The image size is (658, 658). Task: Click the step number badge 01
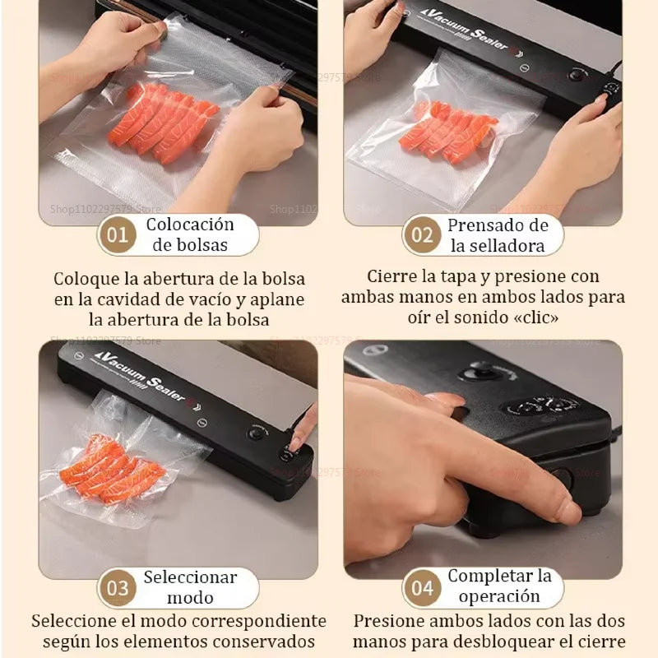(118, 235)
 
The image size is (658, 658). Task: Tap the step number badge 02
(422, 235)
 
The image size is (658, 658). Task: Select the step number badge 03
(118, 588)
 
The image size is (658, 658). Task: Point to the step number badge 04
(422, 588)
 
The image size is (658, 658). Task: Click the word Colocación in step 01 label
(190, 225)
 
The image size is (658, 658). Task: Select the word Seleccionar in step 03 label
(190, 577)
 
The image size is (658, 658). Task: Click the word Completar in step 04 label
(499, 576)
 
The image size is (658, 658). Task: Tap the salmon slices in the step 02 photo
(448, 132)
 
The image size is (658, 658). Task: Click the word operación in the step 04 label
(499, 597)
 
